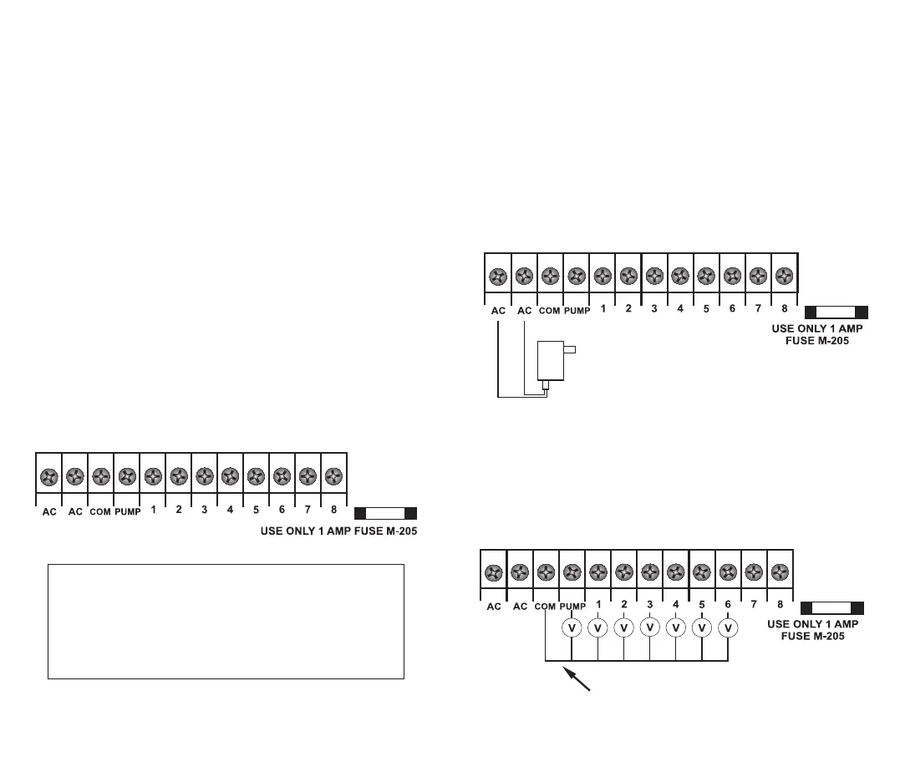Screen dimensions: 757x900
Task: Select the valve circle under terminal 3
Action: point(650,627)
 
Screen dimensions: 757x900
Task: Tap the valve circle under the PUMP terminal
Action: point(572,627)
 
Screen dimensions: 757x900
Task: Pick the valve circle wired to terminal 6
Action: point(728,627)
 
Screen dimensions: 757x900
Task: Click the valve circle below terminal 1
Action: point(598,627)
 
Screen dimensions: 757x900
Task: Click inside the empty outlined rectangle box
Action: point(226,622)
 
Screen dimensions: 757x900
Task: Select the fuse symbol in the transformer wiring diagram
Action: point(836,312)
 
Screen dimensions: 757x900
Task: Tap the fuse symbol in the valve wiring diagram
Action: point(831,608)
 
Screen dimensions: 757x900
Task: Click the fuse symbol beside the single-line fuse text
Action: point(385,513)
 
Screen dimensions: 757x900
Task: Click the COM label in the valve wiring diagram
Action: point(545,606)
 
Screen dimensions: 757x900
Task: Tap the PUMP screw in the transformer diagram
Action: point(576,274)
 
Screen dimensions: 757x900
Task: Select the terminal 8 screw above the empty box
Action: point(333,476)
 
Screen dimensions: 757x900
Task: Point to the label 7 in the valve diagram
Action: point(754,603)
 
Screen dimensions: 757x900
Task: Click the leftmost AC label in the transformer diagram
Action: point(498,310)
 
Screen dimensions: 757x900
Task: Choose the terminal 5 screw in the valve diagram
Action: point(702,572)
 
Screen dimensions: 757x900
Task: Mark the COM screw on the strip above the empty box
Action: point(101,476)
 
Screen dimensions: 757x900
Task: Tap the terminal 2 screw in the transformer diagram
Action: point(628,274)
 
